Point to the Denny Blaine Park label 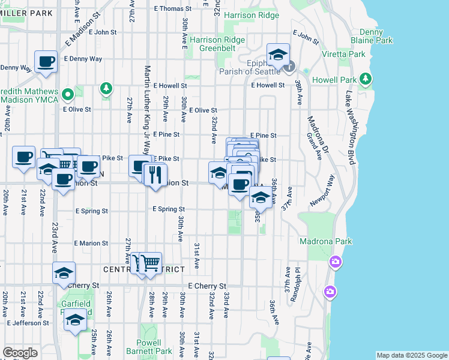point(376,36)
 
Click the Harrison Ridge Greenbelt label point(217,44)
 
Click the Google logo point(20,353)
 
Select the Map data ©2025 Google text point(411,355)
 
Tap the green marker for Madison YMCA point(68,94)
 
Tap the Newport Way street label point(322,191)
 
